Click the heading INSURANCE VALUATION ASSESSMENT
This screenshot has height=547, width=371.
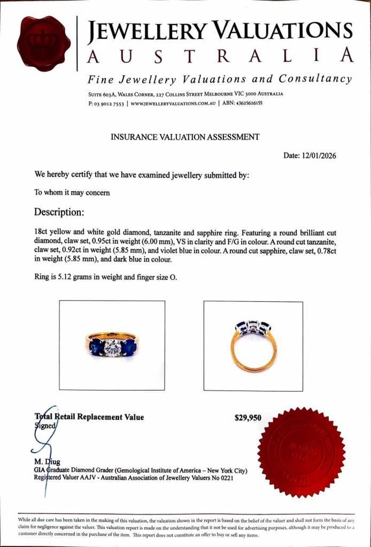coord(185,137)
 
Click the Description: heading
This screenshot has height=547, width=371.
coord(59,212)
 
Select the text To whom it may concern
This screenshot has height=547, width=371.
coord(72,192)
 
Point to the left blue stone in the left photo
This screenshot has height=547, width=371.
coord(96,345)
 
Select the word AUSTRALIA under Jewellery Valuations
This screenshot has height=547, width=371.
coord(220,56)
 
